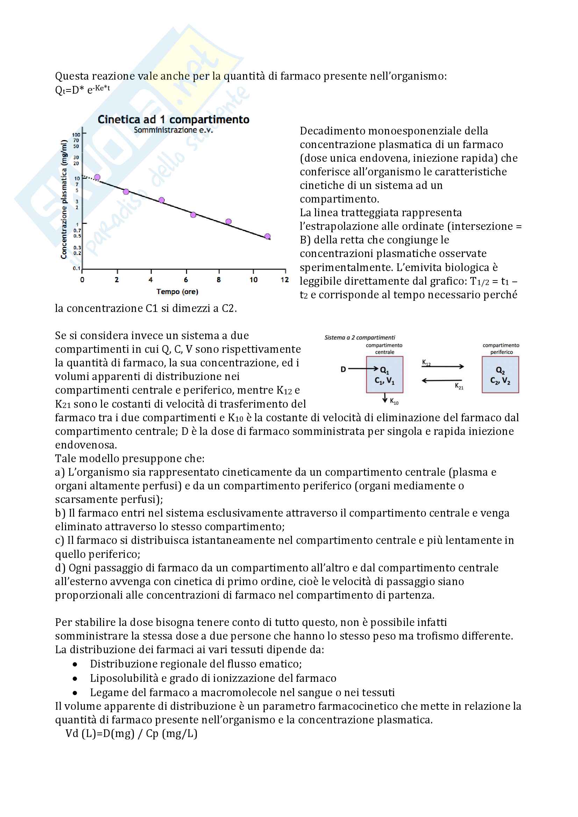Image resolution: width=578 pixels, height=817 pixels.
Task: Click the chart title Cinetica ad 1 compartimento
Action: coord(173,119)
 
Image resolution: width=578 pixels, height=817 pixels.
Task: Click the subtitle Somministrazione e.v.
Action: coord(173,130)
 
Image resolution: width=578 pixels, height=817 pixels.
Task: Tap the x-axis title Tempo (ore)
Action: coord(177,292)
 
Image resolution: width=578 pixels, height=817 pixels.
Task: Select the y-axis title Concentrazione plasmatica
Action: coord(64,199)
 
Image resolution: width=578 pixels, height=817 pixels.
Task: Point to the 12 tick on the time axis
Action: coord(285,280)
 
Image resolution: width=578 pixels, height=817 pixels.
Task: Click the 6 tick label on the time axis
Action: coord(186,280)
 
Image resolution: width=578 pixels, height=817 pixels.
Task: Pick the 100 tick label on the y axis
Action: coord(76,135)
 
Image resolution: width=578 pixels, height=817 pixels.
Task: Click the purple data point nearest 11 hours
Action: coord(267,236)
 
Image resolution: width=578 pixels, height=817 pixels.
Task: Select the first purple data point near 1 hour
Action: coord(97,177)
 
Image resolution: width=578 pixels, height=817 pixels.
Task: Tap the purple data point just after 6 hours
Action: coord(193,215)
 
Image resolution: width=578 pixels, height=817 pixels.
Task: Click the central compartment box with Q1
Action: coord(385,375)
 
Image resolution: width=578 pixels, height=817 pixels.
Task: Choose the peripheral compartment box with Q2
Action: coord(500,375)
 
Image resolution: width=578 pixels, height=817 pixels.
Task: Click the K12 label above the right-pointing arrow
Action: coord(426,363)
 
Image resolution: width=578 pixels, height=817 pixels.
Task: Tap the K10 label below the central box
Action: coord(394,402)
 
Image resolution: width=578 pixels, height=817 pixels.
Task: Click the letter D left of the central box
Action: coord(343,369)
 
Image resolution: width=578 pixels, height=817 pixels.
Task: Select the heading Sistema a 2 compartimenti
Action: coord(359,337)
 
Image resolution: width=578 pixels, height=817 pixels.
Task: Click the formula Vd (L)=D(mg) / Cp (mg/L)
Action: coord(131,734)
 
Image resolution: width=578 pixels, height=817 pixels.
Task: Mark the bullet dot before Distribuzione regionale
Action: coord(75,664)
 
